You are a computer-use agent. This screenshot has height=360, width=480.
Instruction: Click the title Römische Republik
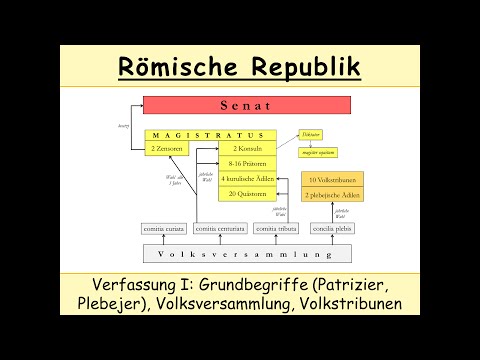tap(239, 67)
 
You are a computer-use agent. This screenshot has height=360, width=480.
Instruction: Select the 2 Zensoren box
tap(167, 148)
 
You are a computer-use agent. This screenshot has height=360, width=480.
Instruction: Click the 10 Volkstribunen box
tap(327, 179)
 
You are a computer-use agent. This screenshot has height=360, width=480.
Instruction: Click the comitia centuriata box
tap(220, 229)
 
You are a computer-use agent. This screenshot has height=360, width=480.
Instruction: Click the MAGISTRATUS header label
tap(206, 135)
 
